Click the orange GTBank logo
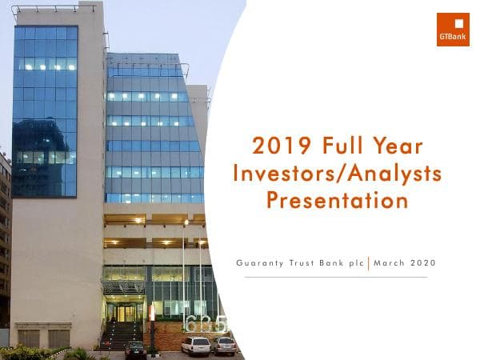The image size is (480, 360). tap(453, 30)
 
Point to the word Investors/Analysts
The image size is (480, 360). tap(336, 173)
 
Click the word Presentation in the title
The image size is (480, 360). tap(337, 199)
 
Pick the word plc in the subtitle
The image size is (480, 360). tap(356, 263)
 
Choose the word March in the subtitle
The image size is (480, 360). tap(389, 263)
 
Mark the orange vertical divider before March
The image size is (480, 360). tap(369, 263)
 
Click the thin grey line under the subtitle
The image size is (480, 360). tap(336, 277)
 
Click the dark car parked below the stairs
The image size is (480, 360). tap(136, 349)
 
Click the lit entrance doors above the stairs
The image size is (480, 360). tap(126, 313)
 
